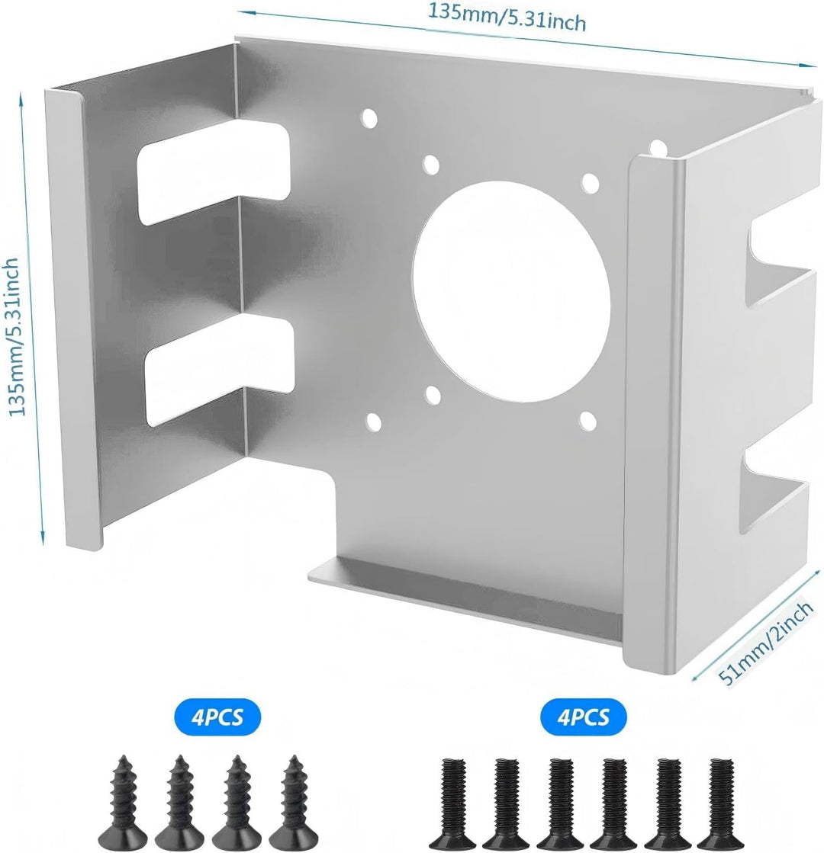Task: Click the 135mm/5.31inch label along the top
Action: coord(507,18)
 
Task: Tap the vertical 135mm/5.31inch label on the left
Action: coord(14,337)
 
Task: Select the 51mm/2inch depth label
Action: coord(766,643)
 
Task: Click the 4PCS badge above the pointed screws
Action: coord(217,717)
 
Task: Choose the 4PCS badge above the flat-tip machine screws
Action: coord(583,717)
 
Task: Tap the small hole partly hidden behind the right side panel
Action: coord(658,147)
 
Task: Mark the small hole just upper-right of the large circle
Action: coord(590,183)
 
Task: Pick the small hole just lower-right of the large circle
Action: coord(587,421)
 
